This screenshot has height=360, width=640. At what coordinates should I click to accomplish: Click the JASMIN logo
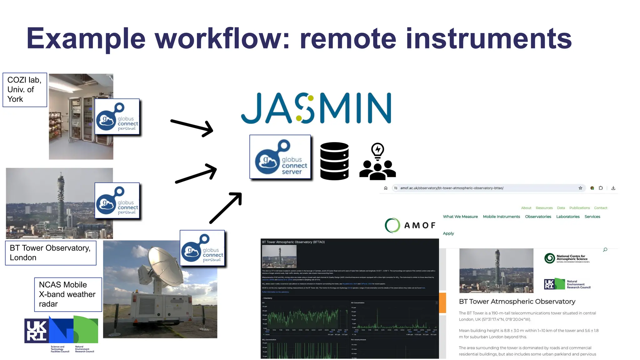316,108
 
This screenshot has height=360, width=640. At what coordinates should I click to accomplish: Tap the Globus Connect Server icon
280,157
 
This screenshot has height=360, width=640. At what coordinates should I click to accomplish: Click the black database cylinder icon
334,161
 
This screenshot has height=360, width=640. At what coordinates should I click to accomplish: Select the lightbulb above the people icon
377,151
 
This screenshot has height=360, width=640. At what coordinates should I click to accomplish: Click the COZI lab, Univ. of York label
25,90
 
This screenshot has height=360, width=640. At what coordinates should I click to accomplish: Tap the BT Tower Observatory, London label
51,253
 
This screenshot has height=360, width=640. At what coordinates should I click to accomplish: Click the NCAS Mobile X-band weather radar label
68,294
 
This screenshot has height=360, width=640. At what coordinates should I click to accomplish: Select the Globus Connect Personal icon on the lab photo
117,117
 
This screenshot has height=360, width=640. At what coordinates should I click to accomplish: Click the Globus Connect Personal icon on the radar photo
202,248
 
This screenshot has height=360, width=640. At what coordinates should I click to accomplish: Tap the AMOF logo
410,225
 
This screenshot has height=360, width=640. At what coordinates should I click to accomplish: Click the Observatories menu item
538,217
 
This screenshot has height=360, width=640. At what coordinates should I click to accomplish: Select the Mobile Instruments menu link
501,217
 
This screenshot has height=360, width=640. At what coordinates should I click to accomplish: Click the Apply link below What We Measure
448,233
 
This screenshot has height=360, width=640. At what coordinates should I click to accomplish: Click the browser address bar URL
452,188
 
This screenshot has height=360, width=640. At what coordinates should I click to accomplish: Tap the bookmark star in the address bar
580,188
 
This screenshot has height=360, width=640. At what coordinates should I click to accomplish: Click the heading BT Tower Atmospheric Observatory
517,302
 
